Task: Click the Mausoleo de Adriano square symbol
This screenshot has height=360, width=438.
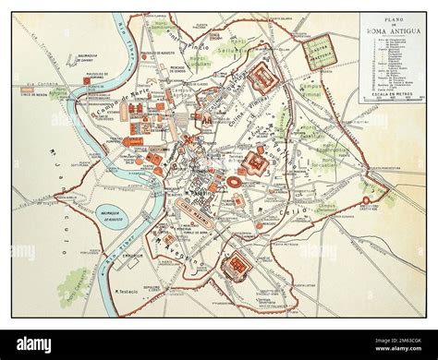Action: pyautogui.click(x=90, y=81)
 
